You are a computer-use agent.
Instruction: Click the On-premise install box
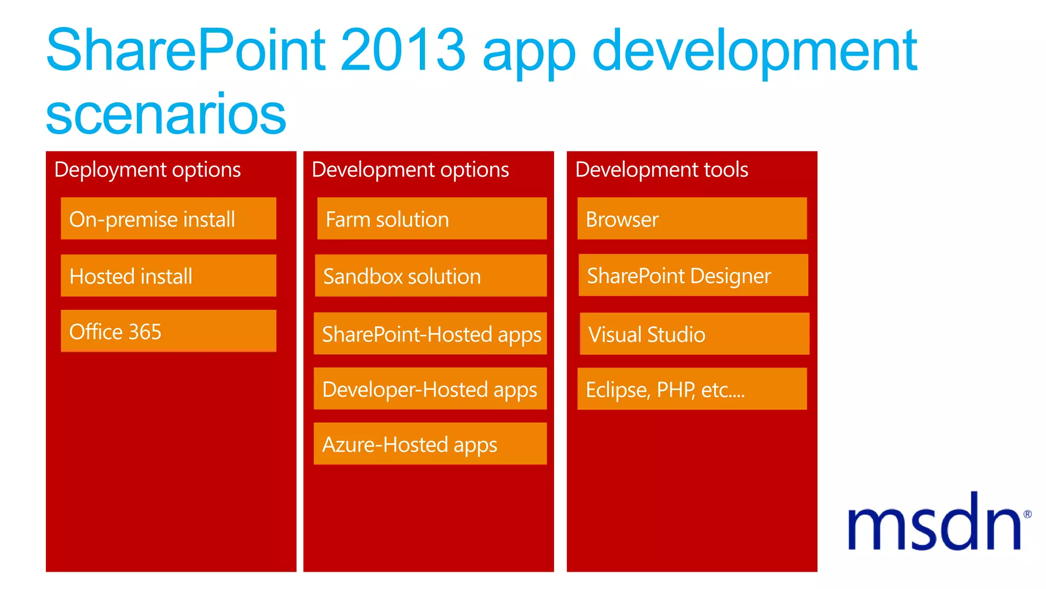168,219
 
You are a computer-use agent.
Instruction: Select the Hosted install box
168,276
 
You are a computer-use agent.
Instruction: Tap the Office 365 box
168,331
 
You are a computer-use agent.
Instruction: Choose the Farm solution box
432,219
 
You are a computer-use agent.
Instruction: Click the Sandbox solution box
431,276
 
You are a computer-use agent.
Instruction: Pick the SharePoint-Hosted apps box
430,334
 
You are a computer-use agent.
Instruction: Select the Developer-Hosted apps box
430,389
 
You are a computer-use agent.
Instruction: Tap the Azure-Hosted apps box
430,444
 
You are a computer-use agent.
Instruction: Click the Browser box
692,219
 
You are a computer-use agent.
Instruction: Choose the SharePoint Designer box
693,276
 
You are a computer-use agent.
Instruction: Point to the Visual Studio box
695,334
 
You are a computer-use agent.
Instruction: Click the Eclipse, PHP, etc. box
692,389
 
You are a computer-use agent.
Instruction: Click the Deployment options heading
147,170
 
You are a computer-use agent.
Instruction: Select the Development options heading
410,170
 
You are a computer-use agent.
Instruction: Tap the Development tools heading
661,170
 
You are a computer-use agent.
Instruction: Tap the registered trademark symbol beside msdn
1027,514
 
